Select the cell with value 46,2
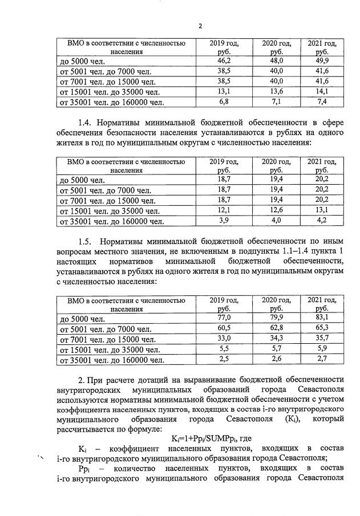(x=223, y=60)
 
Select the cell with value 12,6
(x=276, y=211)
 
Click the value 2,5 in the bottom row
(x=223, y=360)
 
